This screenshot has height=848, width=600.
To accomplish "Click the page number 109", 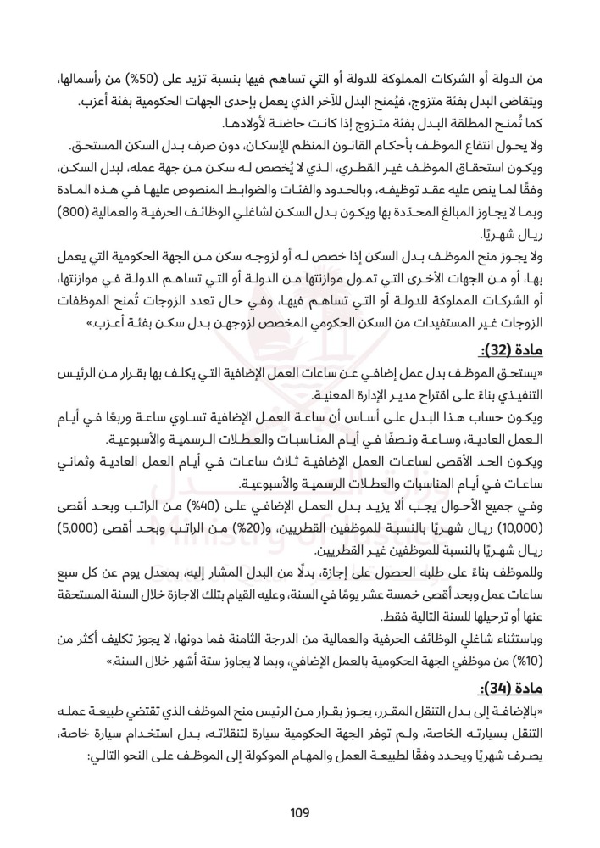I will [x=300, y=813].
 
